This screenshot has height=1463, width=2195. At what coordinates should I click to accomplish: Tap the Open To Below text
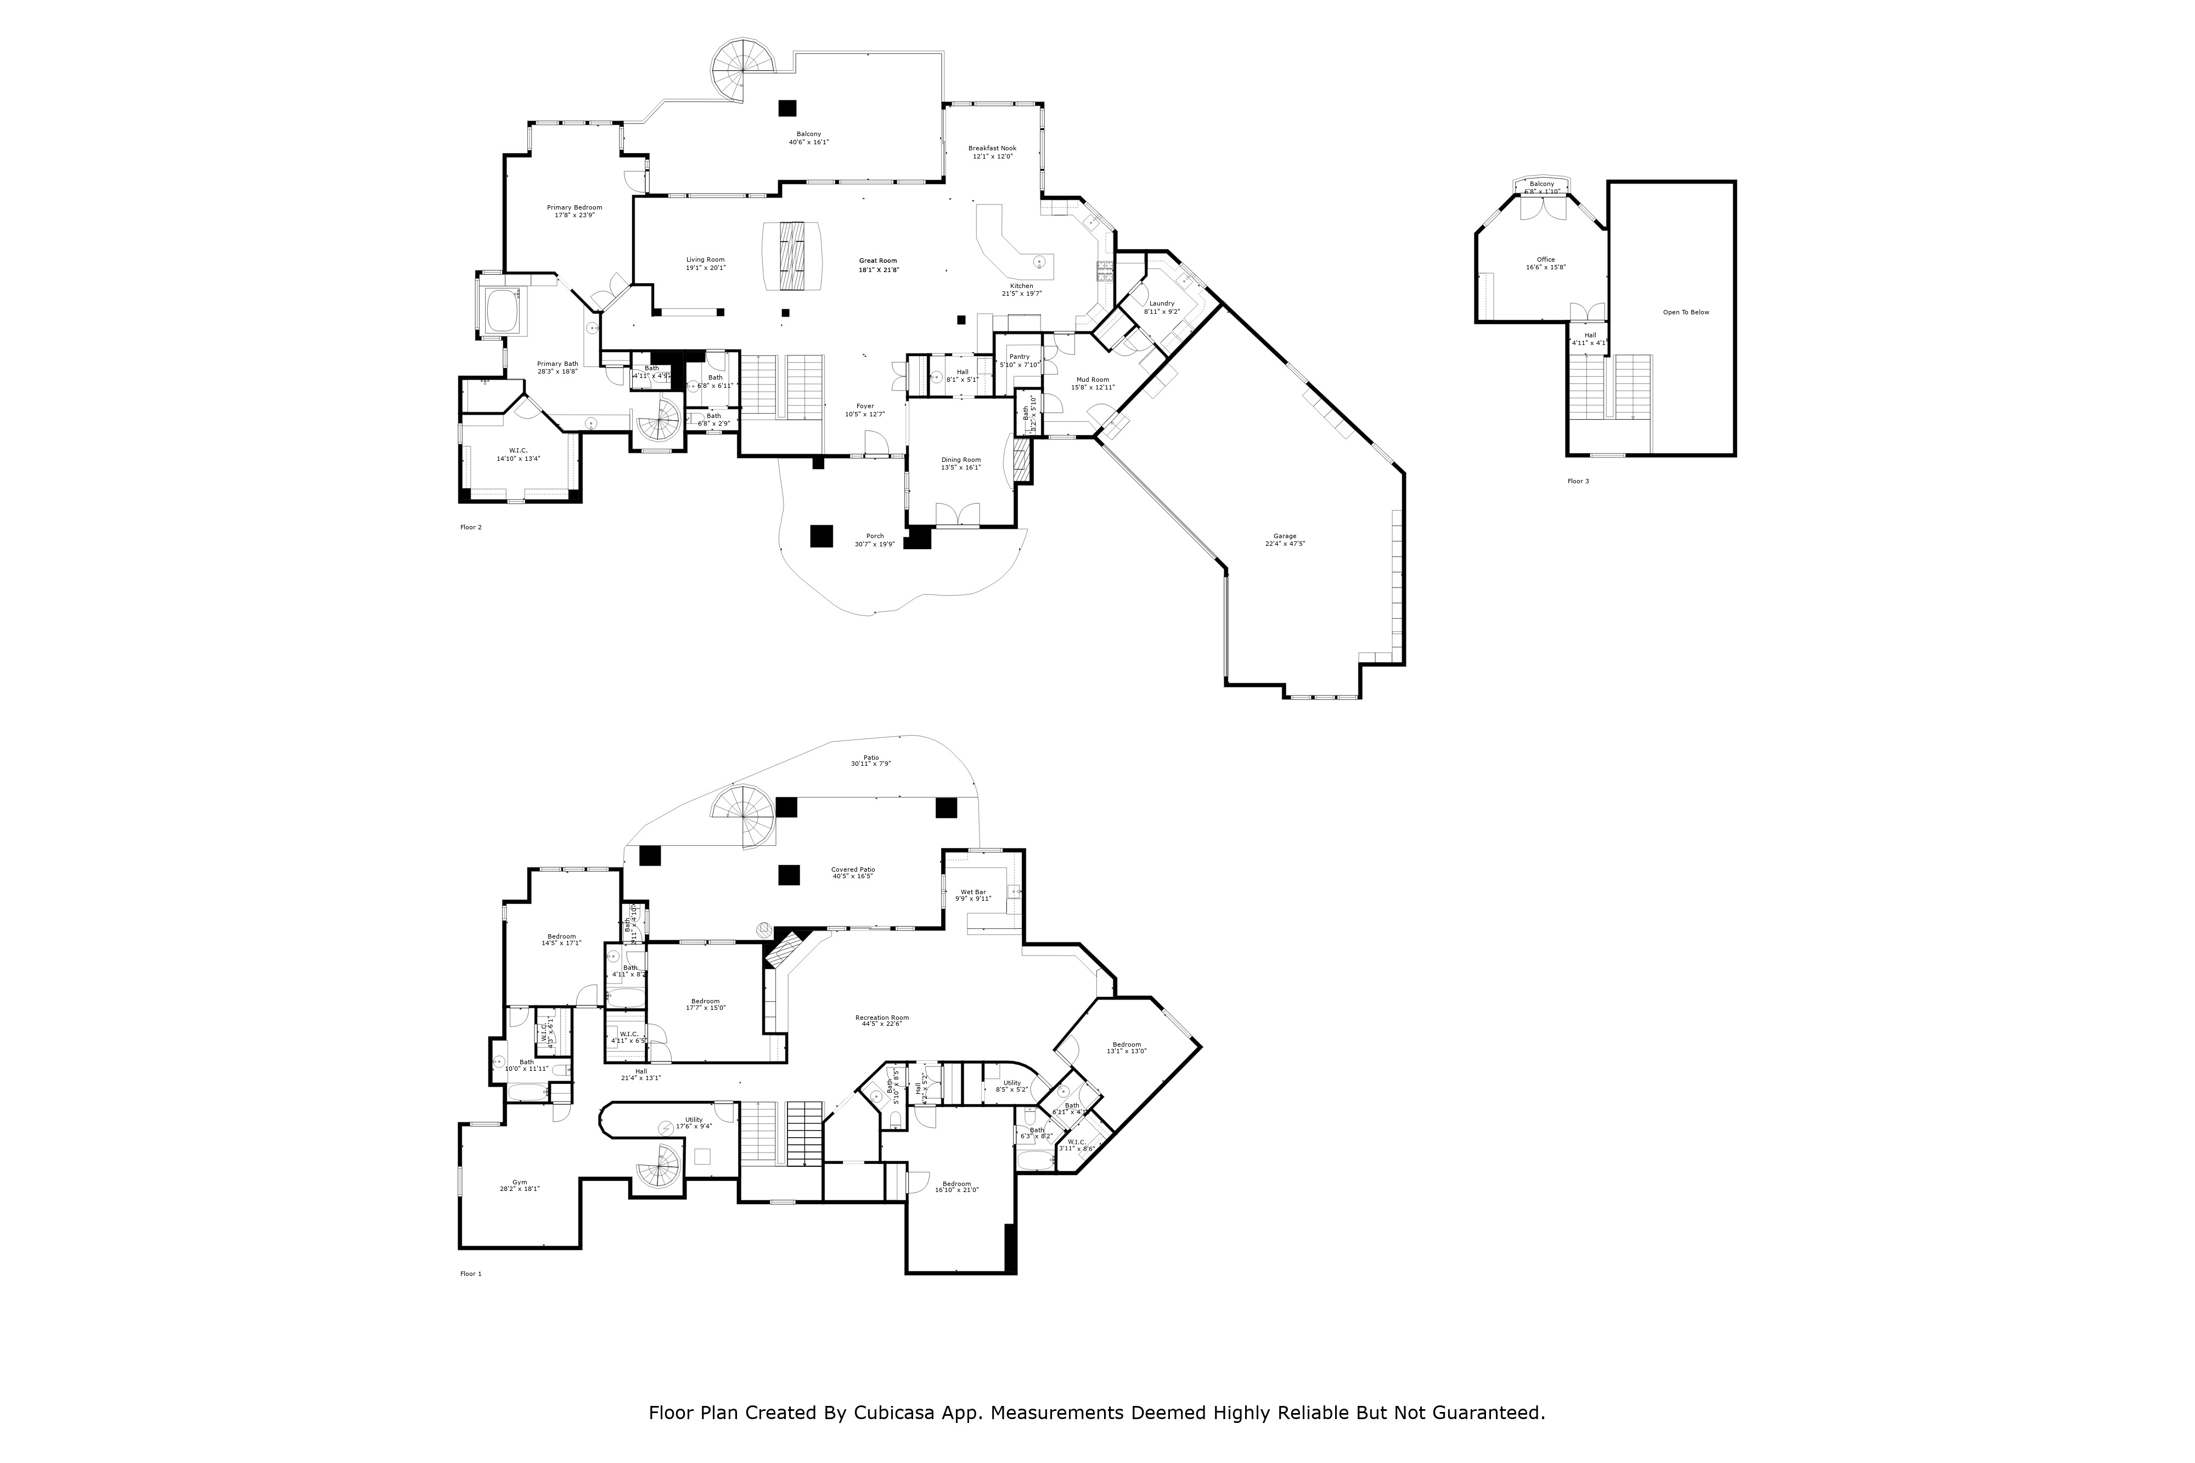click(1685, 313)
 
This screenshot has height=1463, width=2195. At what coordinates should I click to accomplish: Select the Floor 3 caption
click(1577, 482)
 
